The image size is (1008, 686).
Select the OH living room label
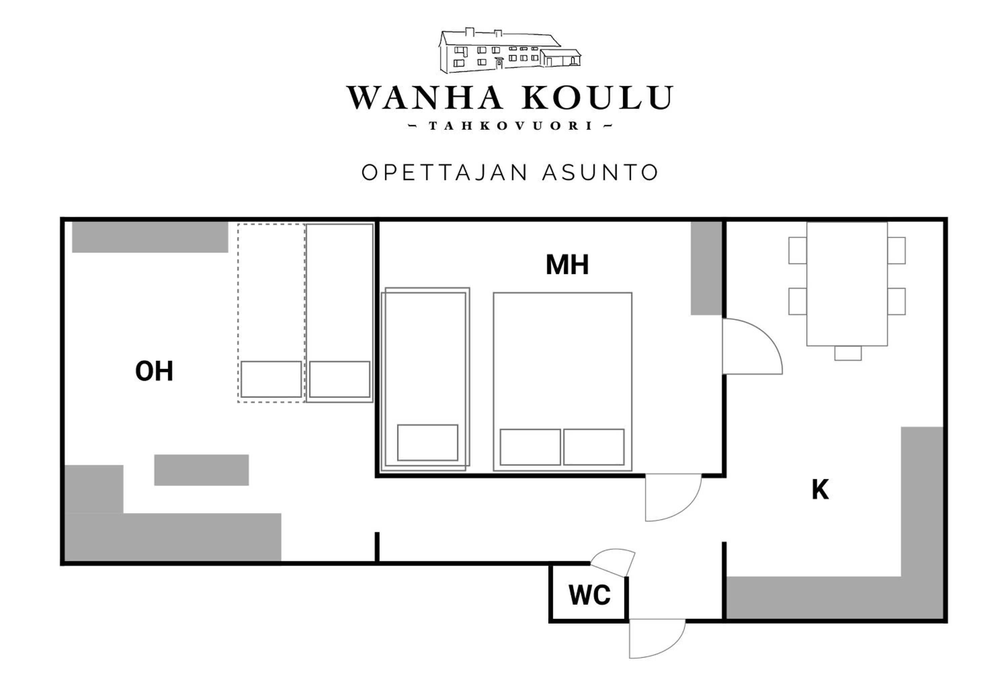pos(154,371)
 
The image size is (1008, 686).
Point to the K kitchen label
pos(820,490)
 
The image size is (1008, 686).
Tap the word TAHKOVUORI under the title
pos(510,126)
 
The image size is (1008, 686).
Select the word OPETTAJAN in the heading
pos(445,173)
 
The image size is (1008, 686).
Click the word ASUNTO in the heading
pos(600,173)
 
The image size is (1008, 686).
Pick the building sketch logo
pos(510,51)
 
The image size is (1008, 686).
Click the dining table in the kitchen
pos(847,284)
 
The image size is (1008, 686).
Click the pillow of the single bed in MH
pos(427,442)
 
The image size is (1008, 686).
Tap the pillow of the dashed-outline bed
pos(271,379)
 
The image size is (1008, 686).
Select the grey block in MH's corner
pos(706,268)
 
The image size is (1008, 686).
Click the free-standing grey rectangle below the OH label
pos(201,470)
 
